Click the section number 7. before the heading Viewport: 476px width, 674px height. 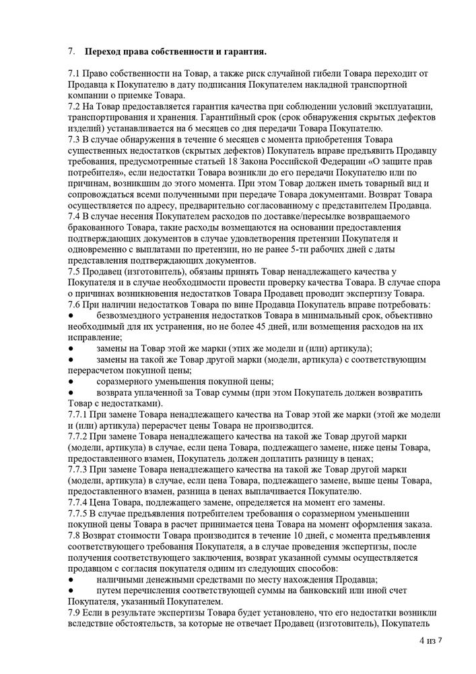71,51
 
